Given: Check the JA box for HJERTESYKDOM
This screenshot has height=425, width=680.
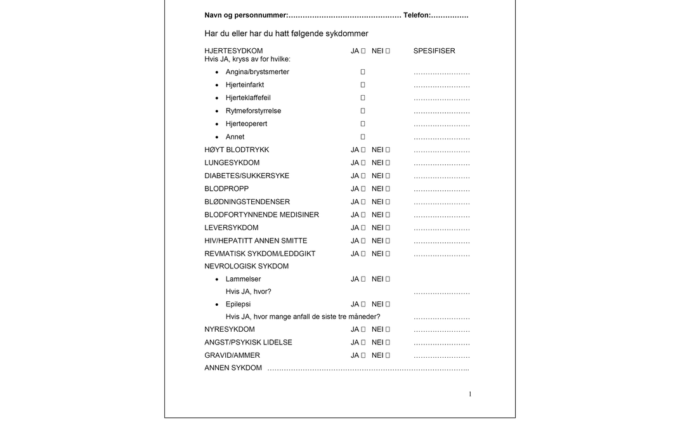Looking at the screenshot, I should [x=363, y=51].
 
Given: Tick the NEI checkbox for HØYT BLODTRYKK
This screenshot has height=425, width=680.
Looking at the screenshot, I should [x=388, y=150].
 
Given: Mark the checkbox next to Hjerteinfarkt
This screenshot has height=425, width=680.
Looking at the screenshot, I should [x=363, y=85].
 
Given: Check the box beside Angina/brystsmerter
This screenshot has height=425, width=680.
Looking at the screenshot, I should [x=363, y=72].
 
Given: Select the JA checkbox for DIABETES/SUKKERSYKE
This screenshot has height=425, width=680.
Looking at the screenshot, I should [x=363, y=176].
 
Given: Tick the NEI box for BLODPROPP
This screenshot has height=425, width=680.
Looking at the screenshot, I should [x=388, y=189].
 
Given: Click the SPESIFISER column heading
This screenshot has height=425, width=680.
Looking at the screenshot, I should [x=434, y=51].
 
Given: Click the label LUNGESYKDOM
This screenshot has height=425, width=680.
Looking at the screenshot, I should [x=232, y=163].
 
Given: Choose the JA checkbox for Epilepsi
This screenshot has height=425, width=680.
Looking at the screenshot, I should [x=363, y=304].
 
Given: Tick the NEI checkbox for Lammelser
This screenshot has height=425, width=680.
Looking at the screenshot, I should [x=388, y=279].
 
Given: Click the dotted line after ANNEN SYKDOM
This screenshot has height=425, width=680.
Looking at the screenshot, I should [x=368, y=369].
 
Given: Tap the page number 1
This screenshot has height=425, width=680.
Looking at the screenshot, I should [x=470, y=395].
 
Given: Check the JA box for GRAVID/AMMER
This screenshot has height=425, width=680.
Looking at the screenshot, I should [x=363, y=356].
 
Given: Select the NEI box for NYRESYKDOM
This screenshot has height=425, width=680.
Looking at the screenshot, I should [x=388, y=330].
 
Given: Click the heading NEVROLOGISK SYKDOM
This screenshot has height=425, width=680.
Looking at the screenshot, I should [x=246, y=266].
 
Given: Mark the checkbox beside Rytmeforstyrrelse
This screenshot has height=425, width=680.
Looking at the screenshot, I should [x=363, y=111].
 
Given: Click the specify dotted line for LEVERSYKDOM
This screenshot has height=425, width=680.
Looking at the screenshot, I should [x=441, y=228].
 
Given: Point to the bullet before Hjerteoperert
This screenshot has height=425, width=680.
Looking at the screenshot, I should [x=217, y=124].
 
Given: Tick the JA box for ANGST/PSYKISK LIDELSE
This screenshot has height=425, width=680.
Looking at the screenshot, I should [x=363, y=343].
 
